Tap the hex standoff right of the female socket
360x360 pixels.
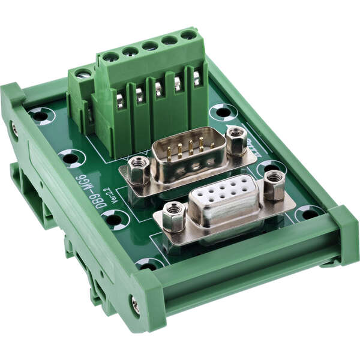[x=274, y=184]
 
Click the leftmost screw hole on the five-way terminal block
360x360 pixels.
[x=111, y=58]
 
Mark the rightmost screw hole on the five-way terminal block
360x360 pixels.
[x=188, y=35]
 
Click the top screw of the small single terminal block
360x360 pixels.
[x=83, y=74]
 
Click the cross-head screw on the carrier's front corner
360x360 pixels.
[x=136, y=305]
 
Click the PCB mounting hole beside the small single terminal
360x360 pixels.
[x=41, y=115]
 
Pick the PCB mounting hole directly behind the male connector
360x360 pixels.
[x=223, y=112]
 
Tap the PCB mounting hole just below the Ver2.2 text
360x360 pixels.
[x=114, y=220]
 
